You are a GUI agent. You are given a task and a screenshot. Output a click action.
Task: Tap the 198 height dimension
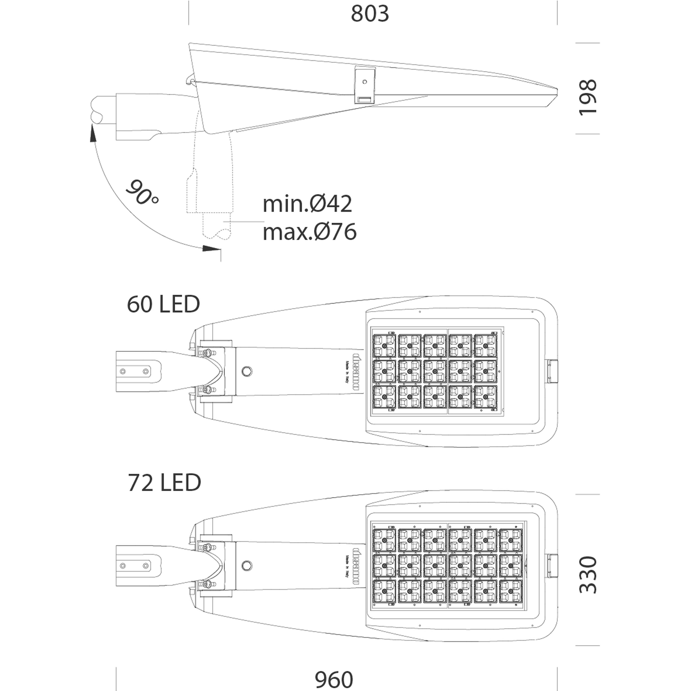[x=588, y=97]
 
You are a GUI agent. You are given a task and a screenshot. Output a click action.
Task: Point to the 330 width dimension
[x=588, y=575]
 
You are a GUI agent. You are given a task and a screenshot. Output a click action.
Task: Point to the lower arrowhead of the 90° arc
[x=211, y=248]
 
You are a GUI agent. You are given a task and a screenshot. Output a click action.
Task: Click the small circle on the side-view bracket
[x=365, y=82]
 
